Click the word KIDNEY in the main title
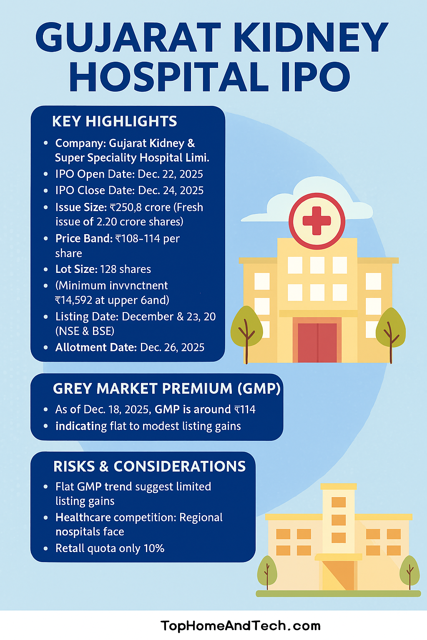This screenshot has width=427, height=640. (311, 37)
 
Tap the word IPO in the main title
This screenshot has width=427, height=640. (316, 77)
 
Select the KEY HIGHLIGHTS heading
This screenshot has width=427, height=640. (115, 121)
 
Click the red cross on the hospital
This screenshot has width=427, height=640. (317, 220)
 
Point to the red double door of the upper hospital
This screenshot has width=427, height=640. (317, 342)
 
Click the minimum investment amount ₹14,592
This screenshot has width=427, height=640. (75, 300)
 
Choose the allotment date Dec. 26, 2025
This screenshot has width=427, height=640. (172, 347)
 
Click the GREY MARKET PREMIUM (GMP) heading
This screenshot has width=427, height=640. (167, 388)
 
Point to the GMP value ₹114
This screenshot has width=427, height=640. (245, 410)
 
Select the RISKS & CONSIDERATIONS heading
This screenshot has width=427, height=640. (150, 466)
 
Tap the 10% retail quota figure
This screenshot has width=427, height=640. (154, 548)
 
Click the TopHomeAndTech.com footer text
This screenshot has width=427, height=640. (241, 625)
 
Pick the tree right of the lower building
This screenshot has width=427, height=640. (409, 571)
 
